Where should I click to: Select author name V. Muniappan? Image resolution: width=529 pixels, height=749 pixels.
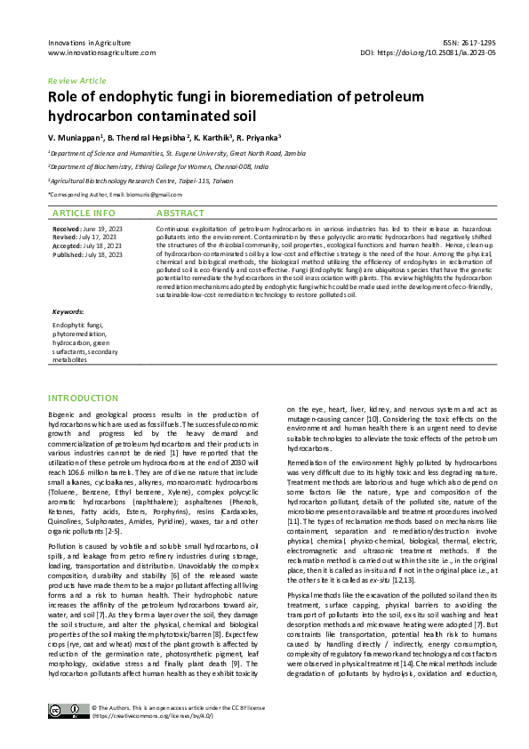(76, 138)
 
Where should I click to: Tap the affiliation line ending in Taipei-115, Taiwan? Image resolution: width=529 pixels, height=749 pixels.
(141, 179)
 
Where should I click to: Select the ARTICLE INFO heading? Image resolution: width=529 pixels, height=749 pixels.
(84, 213)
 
